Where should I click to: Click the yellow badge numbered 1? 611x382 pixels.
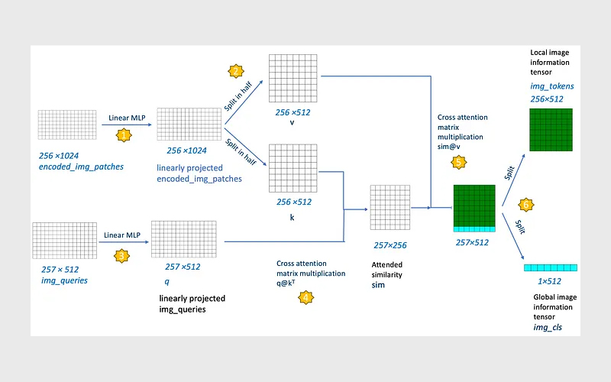point(124,135)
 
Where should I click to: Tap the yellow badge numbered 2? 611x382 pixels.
point(236,71)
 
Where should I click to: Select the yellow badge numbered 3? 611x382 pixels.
point(121,256)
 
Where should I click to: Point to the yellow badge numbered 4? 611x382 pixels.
point(306,298)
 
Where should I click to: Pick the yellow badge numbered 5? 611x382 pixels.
point(459,162)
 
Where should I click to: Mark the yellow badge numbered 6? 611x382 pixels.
point(526,205)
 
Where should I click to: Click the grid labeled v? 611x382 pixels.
point(293,79)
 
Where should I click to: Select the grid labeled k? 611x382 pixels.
point(293,168)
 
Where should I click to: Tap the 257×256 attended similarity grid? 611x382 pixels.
point(390,207)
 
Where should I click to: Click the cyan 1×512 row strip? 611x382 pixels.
point(551,268)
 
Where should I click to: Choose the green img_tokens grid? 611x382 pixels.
point(551,130)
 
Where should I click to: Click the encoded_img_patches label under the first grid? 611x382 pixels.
point(81,167)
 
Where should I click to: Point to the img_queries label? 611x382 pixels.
point(64,280)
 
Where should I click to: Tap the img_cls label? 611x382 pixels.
point(548,328)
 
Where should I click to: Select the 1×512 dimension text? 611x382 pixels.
point(549,281)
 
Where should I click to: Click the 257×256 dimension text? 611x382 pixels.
point(390,245)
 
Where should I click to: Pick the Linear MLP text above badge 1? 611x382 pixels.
point(127,118)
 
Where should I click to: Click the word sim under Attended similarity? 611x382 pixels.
point(378,285)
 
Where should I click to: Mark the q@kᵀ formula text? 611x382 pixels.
point(286,283)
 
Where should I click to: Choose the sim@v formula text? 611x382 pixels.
point(448,147)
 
